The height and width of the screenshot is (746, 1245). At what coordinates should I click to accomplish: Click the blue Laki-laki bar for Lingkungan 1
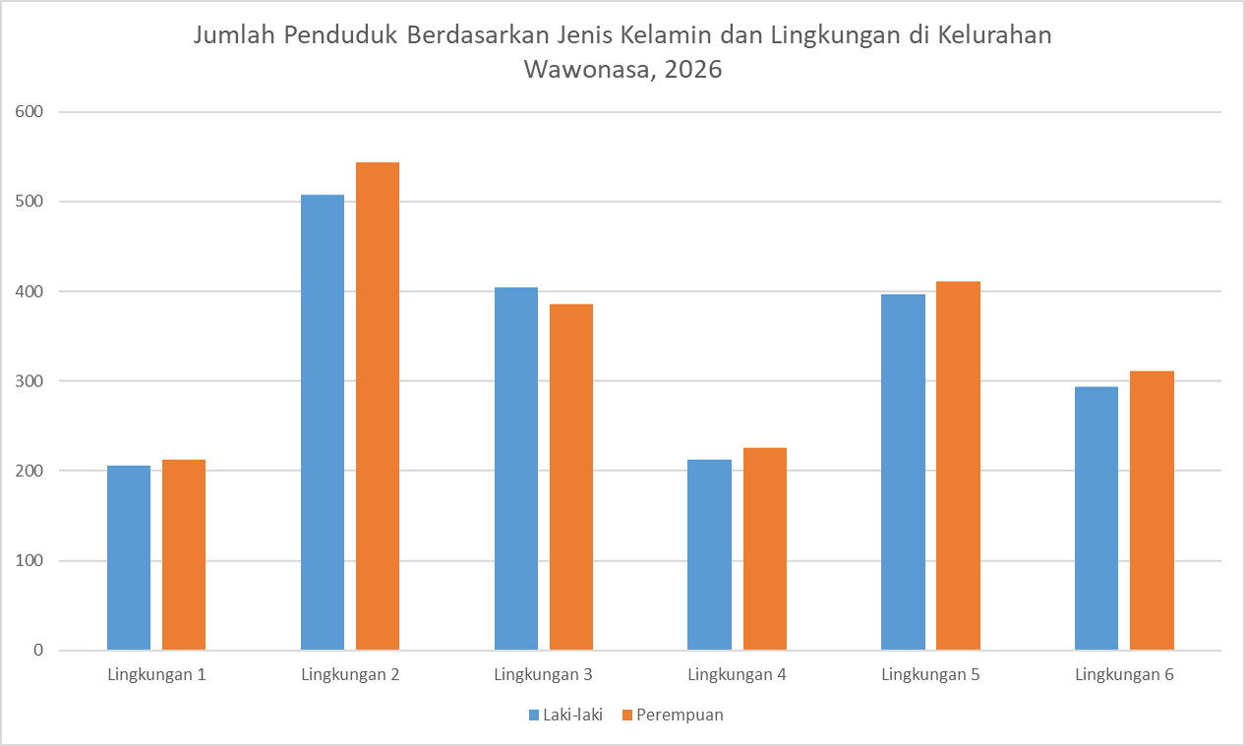(129, 557)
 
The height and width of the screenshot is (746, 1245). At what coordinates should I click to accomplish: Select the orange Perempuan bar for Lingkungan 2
(378, 406)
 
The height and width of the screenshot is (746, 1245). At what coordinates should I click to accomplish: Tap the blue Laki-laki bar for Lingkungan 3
(516, 468)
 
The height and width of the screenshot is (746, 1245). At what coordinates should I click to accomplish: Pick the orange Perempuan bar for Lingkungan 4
(765, 548)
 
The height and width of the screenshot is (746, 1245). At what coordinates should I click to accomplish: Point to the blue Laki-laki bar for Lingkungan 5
(903, 472)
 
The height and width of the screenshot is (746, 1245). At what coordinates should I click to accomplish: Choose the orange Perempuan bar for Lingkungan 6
(1152, 510)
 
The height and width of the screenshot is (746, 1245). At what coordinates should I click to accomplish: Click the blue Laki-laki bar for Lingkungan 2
(323, 423)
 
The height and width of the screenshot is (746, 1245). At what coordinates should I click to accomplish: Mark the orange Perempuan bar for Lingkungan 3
(571, 477)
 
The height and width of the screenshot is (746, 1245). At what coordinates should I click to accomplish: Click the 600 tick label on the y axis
(29, 112)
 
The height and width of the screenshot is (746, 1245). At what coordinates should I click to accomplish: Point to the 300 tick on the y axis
(29, 381)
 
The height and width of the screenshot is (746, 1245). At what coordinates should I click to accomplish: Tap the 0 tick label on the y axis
(38, 650)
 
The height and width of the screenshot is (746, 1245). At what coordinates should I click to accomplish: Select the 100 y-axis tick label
(29, 560)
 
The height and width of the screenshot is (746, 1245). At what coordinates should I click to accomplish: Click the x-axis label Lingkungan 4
(737, 675)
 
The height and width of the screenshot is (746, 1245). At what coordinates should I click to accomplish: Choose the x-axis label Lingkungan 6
(1124, 675)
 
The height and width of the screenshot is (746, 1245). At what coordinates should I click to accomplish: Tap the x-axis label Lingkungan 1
(156, 675)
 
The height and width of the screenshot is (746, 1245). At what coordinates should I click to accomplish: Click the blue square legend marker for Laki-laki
(534, 716)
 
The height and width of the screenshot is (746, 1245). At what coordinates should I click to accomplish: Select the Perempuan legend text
(680, 715)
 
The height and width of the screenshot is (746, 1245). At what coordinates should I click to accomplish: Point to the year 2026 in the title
(693, 70)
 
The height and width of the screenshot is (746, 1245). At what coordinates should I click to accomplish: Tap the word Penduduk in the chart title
(340, 34)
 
